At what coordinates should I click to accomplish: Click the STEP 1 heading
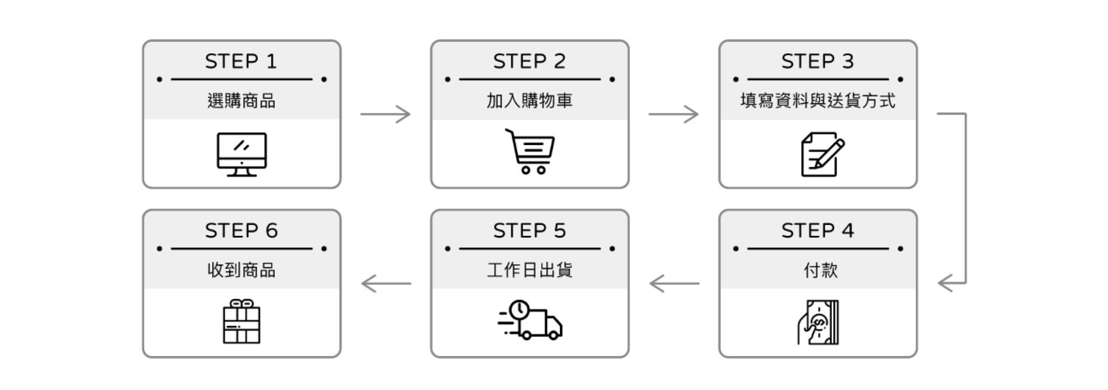coord(241,61)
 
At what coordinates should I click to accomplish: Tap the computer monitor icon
coord(242,154)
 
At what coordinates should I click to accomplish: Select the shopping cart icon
coord(530,151)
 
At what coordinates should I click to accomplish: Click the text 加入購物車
coord(529,101)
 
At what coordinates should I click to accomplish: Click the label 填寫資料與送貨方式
coord(818,101)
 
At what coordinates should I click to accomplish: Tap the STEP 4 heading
coord(818,230)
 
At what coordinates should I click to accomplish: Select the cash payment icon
coord(818,322)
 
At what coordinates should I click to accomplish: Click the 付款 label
coord(821,270)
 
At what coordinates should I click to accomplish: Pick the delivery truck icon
coord(530,320)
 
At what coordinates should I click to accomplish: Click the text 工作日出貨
coord(530,270)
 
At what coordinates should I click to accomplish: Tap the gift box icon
coord(242,321)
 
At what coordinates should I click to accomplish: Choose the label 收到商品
coord(241,270)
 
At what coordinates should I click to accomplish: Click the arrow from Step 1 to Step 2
coord(385,114)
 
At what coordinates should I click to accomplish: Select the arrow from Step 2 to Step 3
coord(673,114)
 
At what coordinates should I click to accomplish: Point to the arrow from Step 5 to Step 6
coord(386,284)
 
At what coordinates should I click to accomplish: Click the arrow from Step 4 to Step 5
coord(674,284)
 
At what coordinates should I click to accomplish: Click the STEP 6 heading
coord(241,230)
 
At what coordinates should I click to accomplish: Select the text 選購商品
coord(241,101)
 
